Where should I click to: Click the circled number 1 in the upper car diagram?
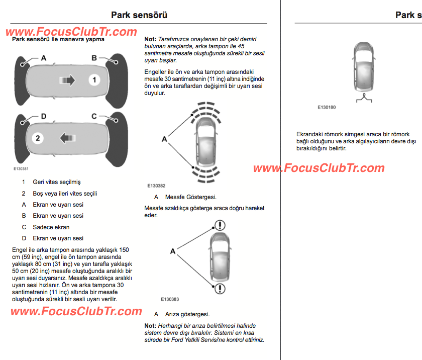(94, 80)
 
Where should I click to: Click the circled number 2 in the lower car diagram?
(38, 138)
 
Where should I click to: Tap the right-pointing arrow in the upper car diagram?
(67, 80)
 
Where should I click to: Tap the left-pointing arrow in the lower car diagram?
(68, 138)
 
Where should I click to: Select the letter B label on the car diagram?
(94, 58)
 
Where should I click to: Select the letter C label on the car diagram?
(94, 116)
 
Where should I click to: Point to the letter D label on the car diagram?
(44, 116)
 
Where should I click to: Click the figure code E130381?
(21, 169)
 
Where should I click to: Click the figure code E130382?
(156, 186)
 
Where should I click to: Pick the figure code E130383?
(170, 299)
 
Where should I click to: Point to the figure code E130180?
(327, 107)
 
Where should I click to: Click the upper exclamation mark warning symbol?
(220, 225)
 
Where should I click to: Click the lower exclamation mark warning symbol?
(220, 289)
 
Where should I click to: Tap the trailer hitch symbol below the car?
(364, 98)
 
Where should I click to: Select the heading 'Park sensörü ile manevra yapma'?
(58, 39)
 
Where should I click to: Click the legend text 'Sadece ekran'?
(51, 227)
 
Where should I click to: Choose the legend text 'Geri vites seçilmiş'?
(56, 182)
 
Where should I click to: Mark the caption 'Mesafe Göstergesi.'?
(191, 197)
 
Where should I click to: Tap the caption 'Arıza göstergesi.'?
(187, 314)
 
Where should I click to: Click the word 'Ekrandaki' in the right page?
(309, 134)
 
